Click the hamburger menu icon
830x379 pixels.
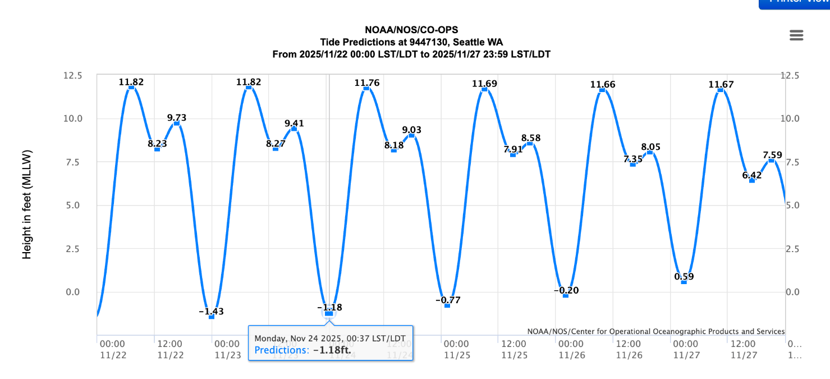point(796,35)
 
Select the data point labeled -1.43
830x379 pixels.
point(212,317)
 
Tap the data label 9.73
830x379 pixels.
point(177,118)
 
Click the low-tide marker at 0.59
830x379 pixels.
point(684,282)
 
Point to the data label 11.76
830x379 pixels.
point(367,83)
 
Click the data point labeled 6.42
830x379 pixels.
point(752,180)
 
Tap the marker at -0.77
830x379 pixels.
point(447,305)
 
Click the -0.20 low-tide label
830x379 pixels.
point(566,290)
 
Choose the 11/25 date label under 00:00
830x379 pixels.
point(455,355)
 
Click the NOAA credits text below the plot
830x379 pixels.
point(656,331)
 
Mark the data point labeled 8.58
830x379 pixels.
point(530,144)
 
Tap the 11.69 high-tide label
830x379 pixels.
point(484,84)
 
